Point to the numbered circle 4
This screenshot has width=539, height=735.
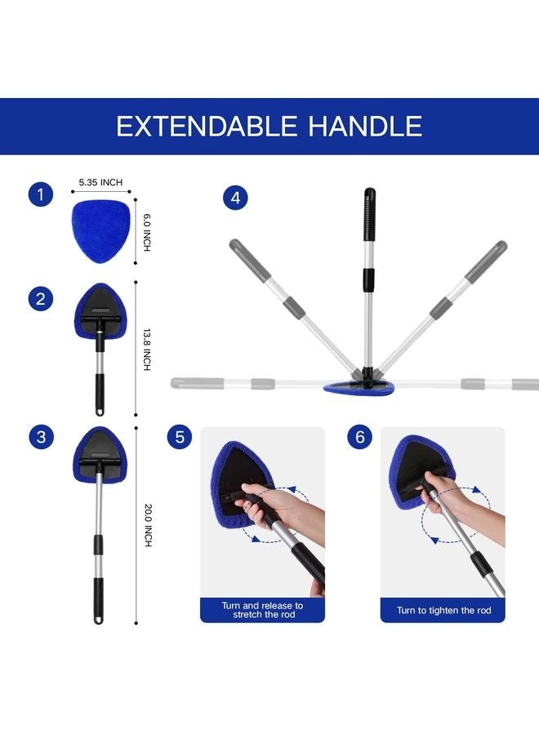point(235,198)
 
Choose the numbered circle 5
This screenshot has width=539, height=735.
point(180,438)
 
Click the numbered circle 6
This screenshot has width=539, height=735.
point(359,438)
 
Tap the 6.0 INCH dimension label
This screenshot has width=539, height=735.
point(148,232)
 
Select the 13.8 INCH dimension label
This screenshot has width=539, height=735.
point(148,350)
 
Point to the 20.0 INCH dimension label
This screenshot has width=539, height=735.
point(148,525)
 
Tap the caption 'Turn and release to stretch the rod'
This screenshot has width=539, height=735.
point(262,609)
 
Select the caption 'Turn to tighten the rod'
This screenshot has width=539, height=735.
point(442,610)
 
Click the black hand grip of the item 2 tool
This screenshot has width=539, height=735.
point(100,392)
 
